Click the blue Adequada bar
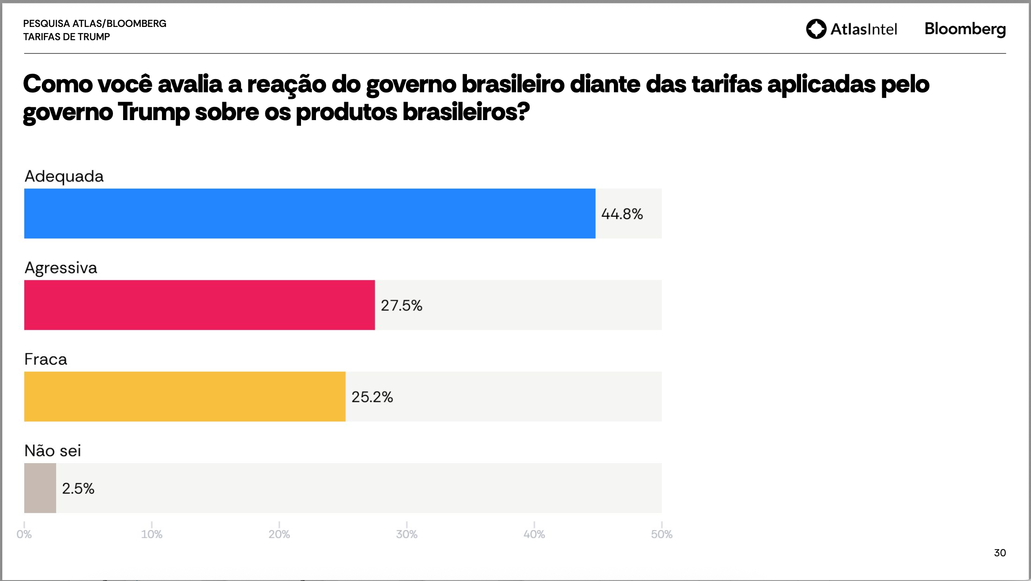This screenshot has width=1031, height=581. pos(309,214)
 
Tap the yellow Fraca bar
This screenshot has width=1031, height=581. pos(184,396)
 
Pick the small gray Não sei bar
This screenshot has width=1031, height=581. pos(40,488)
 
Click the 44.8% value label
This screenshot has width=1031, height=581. pos(622,214)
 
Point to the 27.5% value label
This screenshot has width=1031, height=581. pos(401,306)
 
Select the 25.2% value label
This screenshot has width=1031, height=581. pos(372,397)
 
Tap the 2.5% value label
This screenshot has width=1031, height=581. pos(78,488)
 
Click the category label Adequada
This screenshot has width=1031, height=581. pos(64,176)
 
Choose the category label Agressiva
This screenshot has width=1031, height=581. pos(61,268)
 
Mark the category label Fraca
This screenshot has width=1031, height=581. pos(46,359)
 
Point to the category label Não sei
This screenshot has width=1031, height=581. pos(53,450)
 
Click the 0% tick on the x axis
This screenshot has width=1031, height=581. pos(24,534)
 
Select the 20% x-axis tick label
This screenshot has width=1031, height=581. pos(279,534)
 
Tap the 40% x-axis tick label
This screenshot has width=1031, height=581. pos(534,534)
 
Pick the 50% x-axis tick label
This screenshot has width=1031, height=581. pos(662,534)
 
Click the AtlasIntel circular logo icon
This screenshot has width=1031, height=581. pos(816,29)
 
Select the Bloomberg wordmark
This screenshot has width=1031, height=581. pos(965,29)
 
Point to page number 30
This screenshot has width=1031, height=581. pos(1000,553)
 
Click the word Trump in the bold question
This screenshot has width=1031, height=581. pos(154,112)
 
